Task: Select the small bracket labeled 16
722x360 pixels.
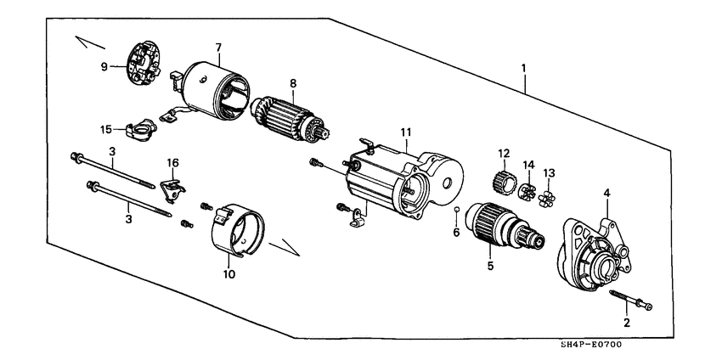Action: (x=172, y=187)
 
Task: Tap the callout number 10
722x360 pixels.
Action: (x=227, y=276)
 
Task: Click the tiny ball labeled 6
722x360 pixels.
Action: (x=457, y=208)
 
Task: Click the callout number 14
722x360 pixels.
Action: (x=528, y=163)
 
